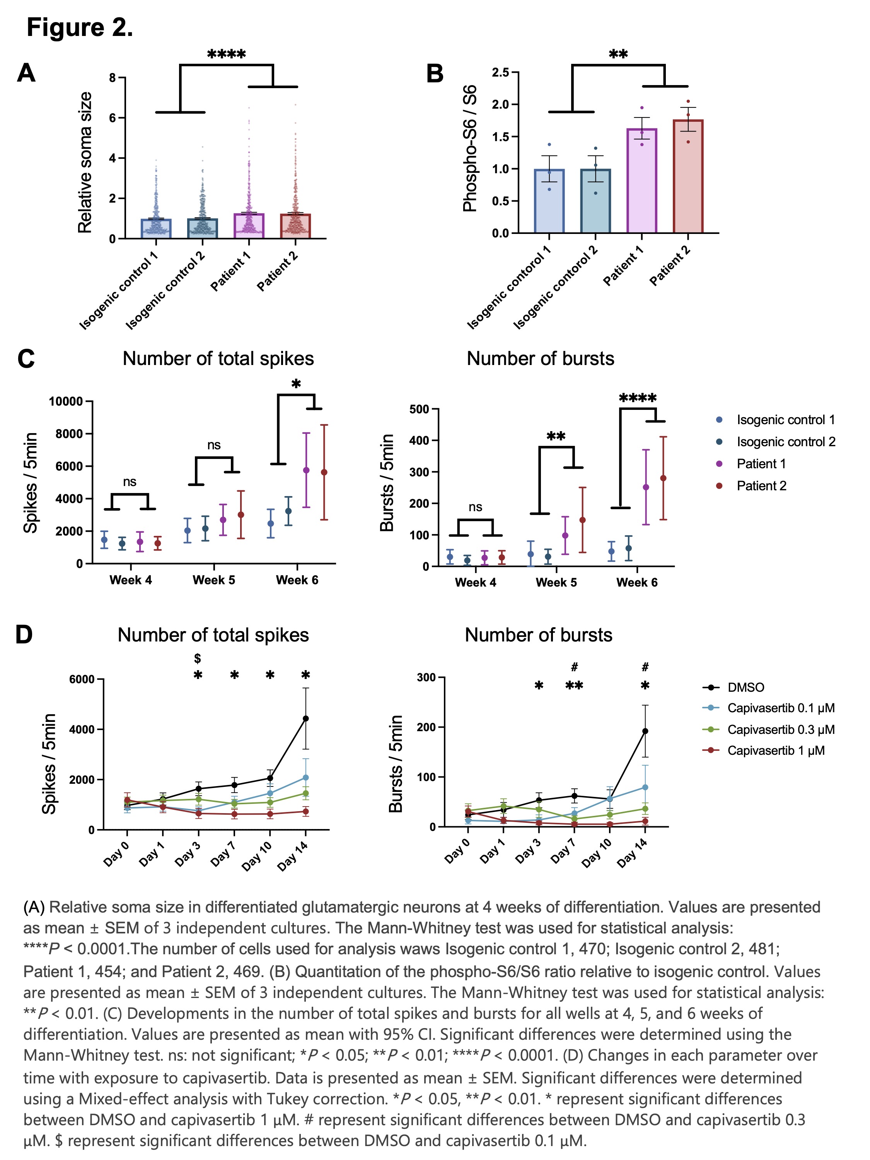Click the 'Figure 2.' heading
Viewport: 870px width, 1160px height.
[80, 27]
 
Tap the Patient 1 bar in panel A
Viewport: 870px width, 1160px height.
[249, 225]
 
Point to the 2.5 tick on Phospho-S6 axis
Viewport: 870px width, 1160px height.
[500, 72]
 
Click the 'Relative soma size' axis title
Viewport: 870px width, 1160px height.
[85, 162]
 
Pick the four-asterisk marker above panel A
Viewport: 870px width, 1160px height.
[226, 55]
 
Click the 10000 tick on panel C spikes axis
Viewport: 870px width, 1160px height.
[66, 402]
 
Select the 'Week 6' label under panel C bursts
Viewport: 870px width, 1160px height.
[636, 583]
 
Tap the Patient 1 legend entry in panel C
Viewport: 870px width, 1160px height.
[761, 464]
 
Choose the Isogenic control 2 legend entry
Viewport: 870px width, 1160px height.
[785, 442]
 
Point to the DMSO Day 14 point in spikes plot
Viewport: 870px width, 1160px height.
[306, 718]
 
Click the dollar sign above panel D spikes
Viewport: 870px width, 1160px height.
[198, 658]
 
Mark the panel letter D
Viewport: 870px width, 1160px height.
[24, 635]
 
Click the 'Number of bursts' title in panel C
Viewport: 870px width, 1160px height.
[540, 359]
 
